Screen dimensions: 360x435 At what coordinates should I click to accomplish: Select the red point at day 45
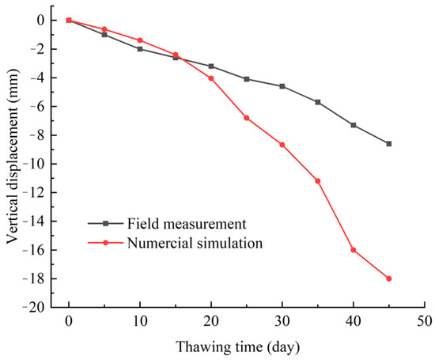(388, 279)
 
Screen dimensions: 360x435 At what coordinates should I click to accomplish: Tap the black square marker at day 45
(388, 143)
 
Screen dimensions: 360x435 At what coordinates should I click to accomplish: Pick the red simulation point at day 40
(353, 250)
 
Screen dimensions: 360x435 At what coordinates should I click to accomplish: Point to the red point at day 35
(317, 181)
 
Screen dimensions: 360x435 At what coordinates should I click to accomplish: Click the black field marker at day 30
(282, 85)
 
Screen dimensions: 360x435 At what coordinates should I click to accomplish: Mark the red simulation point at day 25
(247, 118)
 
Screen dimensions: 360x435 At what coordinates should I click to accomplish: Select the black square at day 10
(140, 49)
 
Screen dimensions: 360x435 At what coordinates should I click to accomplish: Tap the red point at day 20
(211, 78)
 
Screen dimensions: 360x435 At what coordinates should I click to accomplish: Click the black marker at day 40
(353, 125)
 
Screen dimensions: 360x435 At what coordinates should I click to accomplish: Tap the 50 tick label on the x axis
(424, 324)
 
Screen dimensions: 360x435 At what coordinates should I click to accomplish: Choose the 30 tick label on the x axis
(282, 324)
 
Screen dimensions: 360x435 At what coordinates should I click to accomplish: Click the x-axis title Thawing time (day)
(246, 347)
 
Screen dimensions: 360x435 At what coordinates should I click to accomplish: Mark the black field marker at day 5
(104, 35)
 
